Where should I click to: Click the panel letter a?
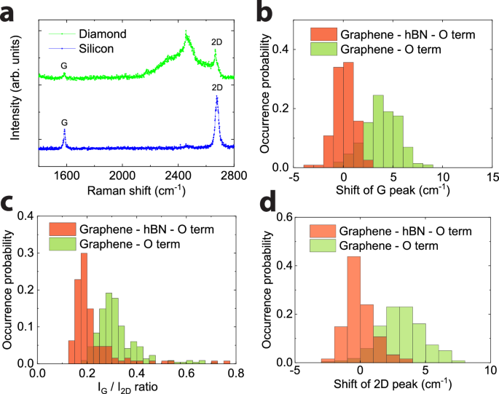[x=9, y=12]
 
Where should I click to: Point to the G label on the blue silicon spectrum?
[x=64, y=122]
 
